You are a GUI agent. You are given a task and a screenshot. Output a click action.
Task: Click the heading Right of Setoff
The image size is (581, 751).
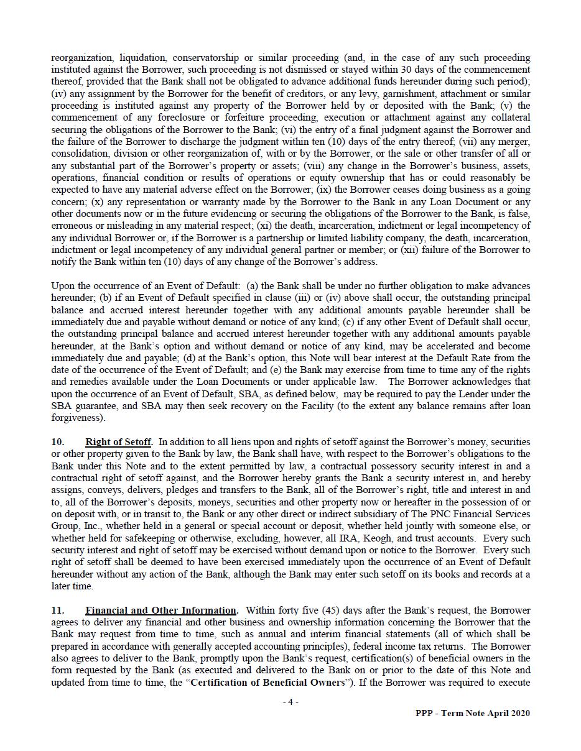click(x=118, y=442)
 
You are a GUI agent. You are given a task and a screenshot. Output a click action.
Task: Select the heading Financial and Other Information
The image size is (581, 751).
click(x=161, y=610)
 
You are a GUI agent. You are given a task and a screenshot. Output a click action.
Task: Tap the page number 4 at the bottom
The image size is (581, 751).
click(x=290, y=702)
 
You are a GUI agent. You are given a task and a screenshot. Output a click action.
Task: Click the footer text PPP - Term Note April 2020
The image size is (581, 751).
click(x=473, y=713)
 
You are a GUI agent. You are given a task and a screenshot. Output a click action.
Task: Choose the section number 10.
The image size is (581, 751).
click(x=57, y=442)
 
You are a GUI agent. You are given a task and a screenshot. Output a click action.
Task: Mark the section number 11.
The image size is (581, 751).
click(x=57, y=610)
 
